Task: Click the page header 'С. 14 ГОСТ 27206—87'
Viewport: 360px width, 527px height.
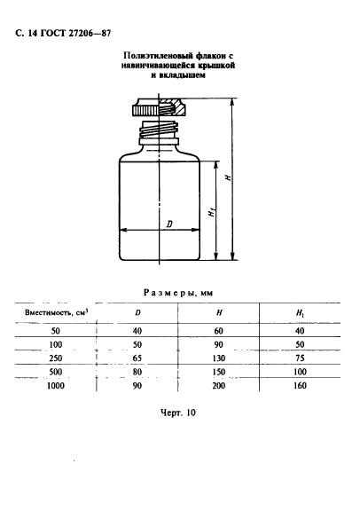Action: pos(63,34)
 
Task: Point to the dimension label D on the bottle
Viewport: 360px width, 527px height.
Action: pos(169,224)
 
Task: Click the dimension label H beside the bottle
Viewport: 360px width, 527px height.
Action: pos(228,177)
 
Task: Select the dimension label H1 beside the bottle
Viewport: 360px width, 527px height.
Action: pos(211,212)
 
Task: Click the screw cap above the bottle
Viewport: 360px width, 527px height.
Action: pos(160,107)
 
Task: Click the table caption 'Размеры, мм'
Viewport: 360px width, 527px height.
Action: pos(178,293)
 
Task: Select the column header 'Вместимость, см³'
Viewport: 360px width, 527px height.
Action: pos(57,312)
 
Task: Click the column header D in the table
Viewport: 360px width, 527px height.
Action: pos(137,313)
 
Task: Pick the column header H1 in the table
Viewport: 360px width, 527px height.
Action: pos(300,313)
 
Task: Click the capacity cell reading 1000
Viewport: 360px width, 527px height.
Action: pos(55,386)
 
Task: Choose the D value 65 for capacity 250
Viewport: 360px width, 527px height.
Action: pos(137,358)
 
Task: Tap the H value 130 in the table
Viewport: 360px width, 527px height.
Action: pos(219,358)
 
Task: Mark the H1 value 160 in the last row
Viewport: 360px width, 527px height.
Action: pos(300,386)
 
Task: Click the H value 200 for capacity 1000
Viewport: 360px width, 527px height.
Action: pos(219,386)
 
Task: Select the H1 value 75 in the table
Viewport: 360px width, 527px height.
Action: pos(300,358)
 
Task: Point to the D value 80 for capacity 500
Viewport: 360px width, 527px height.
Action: pos(137,372)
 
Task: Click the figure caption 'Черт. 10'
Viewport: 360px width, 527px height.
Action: pos(178,413)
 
